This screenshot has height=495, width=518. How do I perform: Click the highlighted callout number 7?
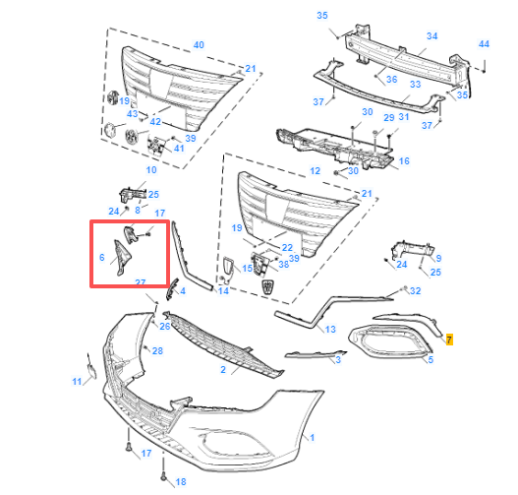449,340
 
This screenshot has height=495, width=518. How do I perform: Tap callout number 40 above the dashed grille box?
199,45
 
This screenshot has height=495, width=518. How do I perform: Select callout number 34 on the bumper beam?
432,36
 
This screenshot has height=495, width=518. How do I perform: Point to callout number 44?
484,44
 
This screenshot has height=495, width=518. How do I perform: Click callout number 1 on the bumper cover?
313,438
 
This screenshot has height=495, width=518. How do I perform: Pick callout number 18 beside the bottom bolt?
181,482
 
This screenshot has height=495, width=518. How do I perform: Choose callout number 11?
77,382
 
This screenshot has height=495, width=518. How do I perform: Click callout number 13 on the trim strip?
330,330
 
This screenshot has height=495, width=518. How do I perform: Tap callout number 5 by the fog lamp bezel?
431,359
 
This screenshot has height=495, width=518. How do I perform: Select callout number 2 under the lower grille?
223,369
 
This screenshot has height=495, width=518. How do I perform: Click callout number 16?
404,161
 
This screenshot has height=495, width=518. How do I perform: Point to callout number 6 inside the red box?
102,257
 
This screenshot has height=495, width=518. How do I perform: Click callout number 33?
415,85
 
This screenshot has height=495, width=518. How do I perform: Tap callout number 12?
316,171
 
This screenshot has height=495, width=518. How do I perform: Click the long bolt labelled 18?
163,468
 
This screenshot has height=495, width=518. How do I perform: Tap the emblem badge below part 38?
266,286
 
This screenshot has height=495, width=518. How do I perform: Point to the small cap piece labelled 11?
91,370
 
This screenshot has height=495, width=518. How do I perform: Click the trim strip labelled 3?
315,355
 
